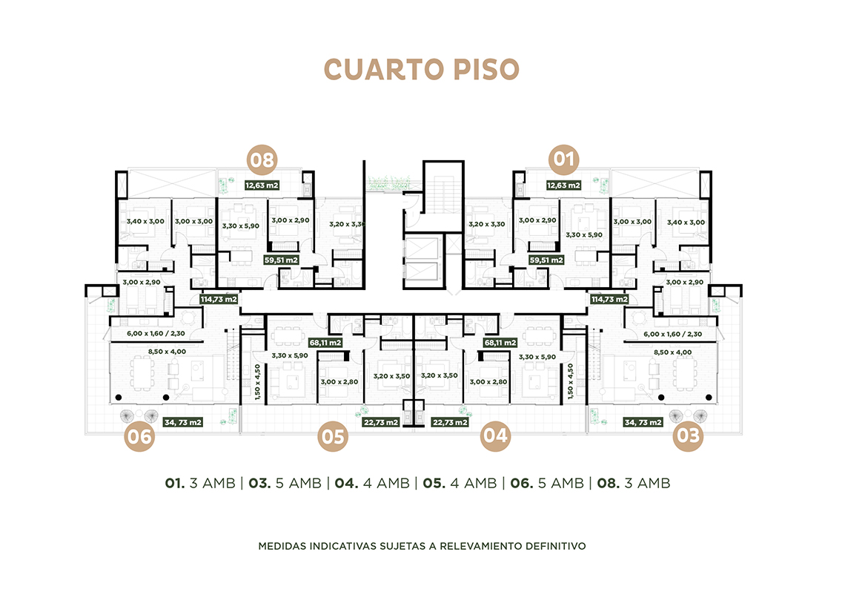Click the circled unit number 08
point(262,160)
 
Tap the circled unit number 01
point(563,160)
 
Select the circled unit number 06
point(139,436)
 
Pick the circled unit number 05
point(333,436)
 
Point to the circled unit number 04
point(495,435)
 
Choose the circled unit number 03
point(688,436)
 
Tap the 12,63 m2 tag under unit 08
point(262,185)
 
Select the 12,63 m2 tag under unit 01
point(563,185)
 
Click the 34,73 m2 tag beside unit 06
point(183,422)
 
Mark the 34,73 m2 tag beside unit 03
point(643,422)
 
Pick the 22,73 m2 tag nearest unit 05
point(381,422)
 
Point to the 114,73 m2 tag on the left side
point(219,299)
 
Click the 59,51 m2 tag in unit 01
point(546,260)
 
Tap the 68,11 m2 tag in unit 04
point(500,343)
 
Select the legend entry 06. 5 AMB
point(547,483)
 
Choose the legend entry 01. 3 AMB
point(200,483)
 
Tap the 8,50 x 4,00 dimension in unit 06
point(167,352)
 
